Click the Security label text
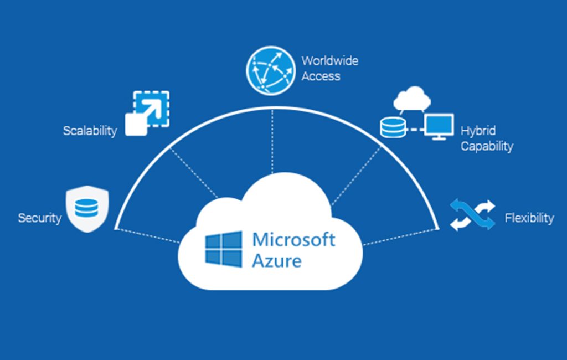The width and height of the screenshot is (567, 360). point(40,218)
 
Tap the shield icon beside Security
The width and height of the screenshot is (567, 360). point(87,209)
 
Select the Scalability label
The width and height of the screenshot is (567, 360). point(90,131)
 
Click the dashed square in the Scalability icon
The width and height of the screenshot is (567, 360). point(151,109)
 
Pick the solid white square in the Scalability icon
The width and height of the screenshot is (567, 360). point(136,124)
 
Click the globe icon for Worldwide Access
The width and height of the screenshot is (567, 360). point(271,70)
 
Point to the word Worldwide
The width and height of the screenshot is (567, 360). point(330,61)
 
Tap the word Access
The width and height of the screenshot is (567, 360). point(321,76)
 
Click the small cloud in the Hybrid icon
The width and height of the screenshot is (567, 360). point(412,99)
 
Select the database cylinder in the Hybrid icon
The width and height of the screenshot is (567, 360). point(393,127)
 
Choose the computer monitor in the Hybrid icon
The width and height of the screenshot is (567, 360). point(439,127)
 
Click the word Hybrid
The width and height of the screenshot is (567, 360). point(478,131)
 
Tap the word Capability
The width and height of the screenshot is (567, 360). point(487,146)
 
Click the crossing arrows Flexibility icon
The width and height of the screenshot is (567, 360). point(472,214)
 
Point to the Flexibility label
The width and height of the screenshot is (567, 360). point(529,218)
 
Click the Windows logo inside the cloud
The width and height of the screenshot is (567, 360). point(224,249)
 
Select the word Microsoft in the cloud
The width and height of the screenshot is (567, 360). point(293,240)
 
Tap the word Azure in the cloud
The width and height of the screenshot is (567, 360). point(277,261)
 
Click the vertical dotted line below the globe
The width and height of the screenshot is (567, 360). point(272,142)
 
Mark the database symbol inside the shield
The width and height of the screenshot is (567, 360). point(86,208)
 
